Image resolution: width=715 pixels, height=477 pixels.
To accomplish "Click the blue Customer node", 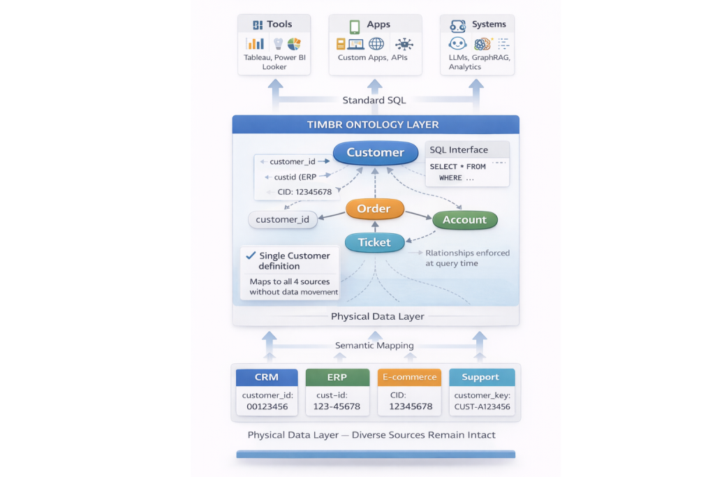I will [x=375, y=152].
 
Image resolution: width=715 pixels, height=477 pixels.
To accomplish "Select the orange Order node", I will [x=374, y=209].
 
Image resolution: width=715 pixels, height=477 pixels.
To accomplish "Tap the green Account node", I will [x=464, y=219].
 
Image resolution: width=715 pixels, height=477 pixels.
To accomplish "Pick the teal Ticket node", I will [x=374, y=242].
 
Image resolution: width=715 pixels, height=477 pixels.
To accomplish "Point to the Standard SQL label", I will [x=374, y=100].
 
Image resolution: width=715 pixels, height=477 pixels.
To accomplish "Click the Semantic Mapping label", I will [x=374, y=345].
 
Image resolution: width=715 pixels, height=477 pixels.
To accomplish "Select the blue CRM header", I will [x=266, y=377].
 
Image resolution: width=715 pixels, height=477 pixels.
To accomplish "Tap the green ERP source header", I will [x=337, y=377].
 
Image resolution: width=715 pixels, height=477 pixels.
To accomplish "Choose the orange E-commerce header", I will [x=408, y=377].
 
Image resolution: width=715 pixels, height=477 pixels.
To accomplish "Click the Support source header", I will [x=480, y=377].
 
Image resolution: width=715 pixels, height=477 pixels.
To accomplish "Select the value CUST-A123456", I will [x=482, y=406].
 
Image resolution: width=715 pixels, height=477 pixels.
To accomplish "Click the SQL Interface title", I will [x=459, y=149].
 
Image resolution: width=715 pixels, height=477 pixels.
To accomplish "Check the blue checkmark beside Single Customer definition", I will [x=250, y=255].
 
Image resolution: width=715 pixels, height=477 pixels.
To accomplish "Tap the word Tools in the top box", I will [x=279, y=24].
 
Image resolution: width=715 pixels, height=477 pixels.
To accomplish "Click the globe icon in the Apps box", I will [x=376, y=44].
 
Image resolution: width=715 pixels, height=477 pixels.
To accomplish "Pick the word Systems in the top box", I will [x=489, y=24].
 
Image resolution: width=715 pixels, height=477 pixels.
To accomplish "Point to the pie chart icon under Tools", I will [x=294, y=44].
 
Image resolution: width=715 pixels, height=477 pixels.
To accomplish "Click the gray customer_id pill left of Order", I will [x=283, y=219].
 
